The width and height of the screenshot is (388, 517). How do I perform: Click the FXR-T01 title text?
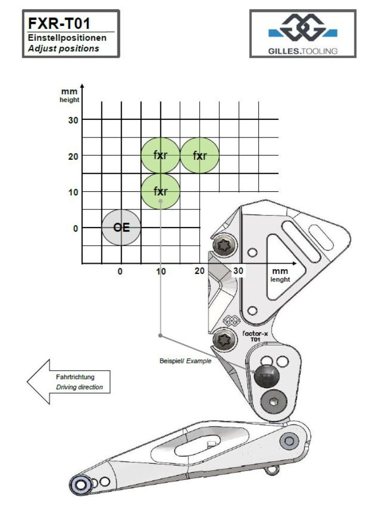click(x=58, y=24)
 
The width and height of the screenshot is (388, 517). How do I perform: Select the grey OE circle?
click(x=121, y=227)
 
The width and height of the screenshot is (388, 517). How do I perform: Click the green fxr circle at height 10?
click(x=160, y=191)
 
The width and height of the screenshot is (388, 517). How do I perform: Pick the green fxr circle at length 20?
click(x=200, y=155)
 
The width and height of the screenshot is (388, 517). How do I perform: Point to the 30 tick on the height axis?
click(x=73, y=119)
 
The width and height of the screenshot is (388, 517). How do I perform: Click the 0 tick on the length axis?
click(x=121, y=271)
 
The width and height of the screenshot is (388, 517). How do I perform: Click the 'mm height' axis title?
click(x=69, y=95)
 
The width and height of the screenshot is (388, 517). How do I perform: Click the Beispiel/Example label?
click(x=185, y=361)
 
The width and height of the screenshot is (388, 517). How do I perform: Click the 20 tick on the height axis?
click(x=73, y=156)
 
